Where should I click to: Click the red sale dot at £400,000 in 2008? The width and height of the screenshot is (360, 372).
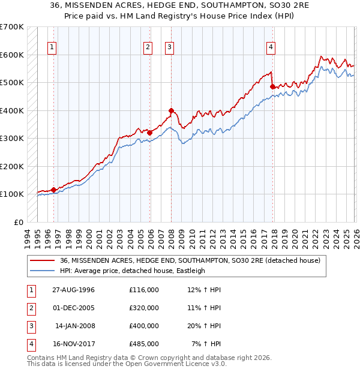tap(171, 110)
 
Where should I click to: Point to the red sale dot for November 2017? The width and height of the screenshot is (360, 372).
tap(272, 86)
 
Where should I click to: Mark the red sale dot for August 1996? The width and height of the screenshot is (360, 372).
tap(54, 190)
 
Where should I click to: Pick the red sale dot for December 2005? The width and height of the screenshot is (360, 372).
tap(150, 133)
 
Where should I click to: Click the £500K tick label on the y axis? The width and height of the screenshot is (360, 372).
tap(12, 82)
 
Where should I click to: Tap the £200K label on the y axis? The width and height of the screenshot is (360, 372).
tap(12, 166)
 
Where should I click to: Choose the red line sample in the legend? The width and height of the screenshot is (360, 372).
tap(43, 260)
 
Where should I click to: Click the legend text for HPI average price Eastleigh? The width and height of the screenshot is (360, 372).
tap(133, 271)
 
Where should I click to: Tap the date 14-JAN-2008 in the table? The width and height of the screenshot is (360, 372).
tap(75, 326)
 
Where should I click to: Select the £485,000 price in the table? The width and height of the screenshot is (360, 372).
tap(143, 344)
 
